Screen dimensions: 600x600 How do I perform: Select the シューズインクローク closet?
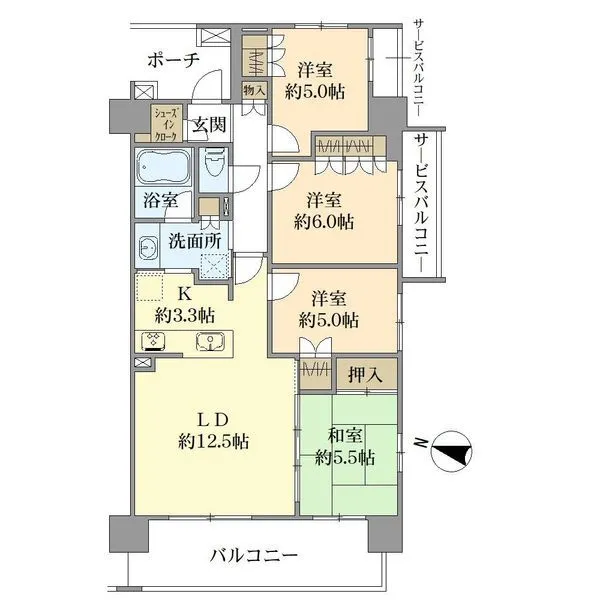click(x=165, y=121)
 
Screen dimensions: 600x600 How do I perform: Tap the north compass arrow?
click(x=449, y=452)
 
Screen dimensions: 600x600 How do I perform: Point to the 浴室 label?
click(x=160, y=198)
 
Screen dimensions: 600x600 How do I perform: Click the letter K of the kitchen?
click(x=183, y=294)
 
